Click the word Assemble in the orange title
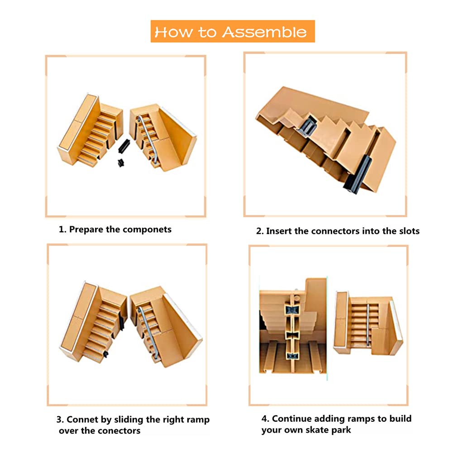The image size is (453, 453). [x=264, y=32]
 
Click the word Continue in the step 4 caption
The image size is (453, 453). [x=292, y=419]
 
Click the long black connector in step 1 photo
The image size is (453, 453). [x=124, y=146]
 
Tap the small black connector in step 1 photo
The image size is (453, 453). [x=121, y=163]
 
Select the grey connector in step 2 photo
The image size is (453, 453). [x=307, y=126]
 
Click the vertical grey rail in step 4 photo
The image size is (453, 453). [x=368, y=324]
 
